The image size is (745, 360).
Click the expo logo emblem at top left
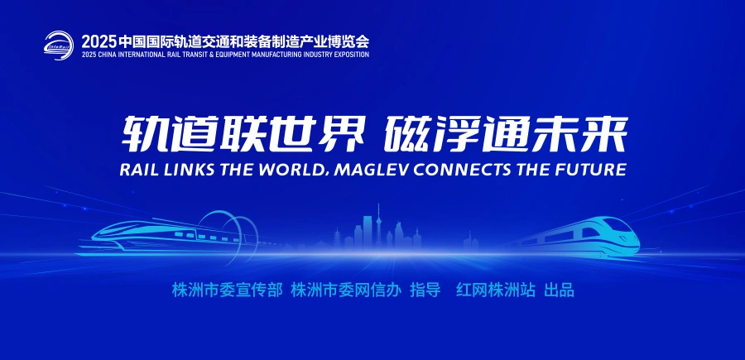coord(60,44)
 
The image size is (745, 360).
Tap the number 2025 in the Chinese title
coord(98,40)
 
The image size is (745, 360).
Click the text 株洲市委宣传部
coord(228,290)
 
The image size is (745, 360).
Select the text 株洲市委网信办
coord(347,290)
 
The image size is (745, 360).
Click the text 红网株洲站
coord(496,290)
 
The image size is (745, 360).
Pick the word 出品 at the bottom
coord(559,290)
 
